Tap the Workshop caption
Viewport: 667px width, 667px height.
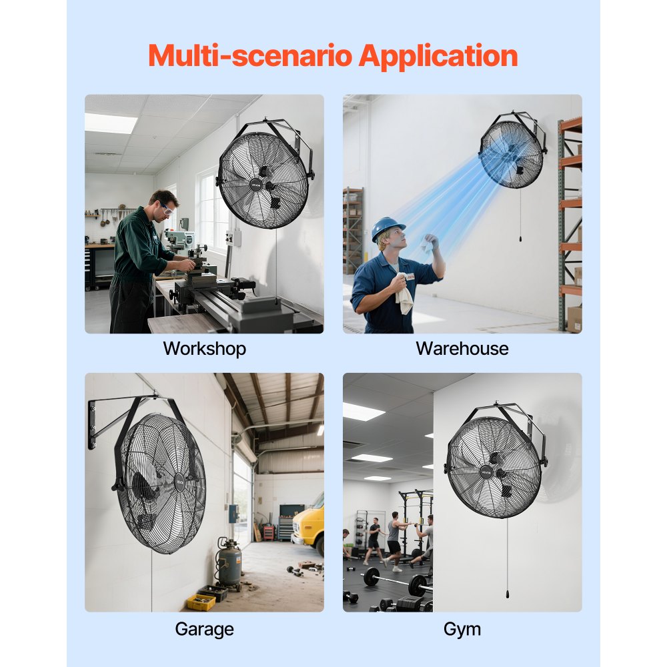point(204,349)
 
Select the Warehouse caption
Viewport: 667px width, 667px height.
point(462,349)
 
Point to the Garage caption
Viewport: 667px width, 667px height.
point(204,629)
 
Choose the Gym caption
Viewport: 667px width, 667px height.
point(462,629)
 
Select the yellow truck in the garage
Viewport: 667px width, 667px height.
point(309,524)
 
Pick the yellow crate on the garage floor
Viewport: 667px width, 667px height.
point(201,602)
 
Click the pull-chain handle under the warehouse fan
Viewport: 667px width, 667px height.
point(520,237)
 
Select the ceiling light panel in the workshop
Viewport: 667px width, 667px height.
point(110,123)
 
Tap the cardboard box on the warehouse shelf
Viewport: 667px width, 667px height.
point(574,319)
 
